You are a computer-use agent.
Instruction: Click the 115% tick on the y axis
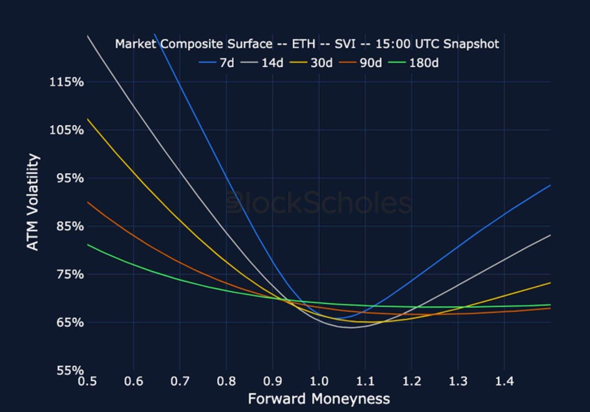(66, 82)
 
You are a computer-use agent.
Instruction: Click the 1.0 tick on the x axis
(319, 382)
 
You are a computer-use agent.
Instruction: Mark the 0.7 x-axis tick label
(180, 382)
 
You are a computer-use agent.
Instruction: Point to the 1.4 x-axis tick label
(504, 382)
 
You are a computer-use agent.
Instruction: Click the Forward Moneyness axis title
(319, 399)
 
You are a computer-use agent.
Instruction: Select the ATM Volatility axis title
(33, 203)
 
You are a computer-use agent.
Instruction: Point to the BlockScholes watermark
(319, 204)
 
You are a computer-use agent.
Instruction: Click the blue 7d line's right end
(550, 185)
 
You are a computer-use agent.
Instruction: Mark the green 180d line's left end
(88, 244)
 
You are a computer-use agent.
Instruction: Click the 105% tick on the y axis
(66, 130)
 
